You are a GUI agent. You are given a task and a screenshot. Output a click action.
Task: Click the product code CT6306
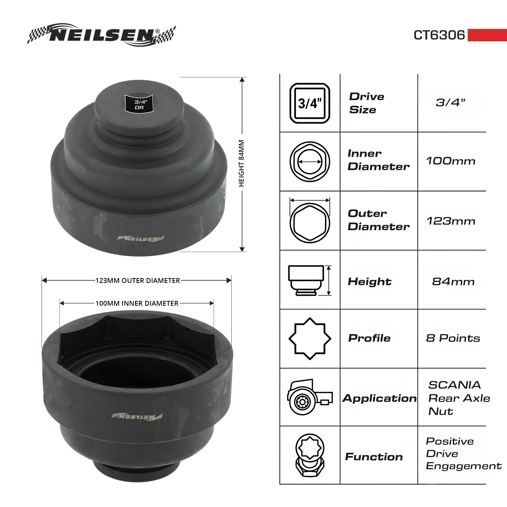(439, 35)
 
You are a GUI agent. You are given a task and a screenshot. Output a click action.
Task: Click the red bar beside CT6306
(487, 35)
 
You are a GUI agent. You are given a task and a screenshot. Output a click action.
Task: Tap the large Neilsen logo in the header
(102, 35)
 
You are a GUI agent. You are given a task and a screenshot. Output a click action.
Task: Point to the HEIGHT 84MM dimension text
(241, 163)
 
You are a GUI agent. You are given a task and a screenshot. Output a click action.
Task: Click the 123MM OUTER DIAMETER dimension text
(137, 281)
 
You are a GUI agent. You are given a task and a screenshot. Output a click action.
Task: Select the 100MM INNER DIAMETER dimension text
(137, 303)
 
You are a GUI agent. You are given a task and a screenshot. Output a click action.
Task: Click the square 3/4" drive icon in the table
(310, 103)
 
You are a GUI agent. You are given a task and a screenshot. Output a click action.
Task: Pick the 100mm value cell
(450, 161)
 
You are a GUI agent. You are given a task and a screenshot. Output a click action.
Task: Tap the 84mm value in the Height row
(453, 282)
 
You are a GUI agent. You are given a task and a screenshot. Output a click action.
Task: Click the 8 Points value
(453, 338)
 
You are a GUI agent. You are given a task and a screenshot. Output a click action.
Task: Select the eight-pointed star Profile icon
(310, 338)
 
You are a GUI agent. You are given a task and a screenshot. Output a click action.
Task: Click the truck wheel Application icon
(310, 396)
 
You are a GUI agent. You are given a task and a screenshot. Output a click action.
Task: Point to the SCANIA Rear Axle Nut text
(459, 398)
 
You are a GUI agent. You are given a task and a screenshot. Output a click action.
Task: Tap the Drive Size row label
(367, 103)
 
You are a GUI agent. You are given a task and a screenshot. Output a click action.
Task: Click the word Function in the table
(374, 457)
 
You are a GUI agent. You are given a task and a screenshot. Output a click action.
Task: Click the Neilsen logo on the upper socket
(141, 239)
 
